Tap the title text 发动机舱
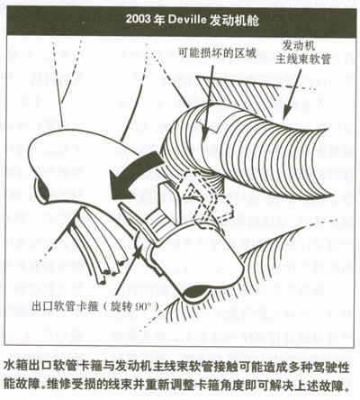click(234, 20)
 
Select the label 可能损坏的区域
click(218, 53)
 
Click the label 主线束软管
click(303, 59)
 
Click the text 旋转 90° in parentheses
click(130, 307)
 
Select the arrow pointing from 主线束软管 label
click(292, 93)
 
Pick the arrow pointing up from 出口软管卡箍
click(128, 272)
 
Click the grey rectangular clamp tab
click(169, 202)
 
